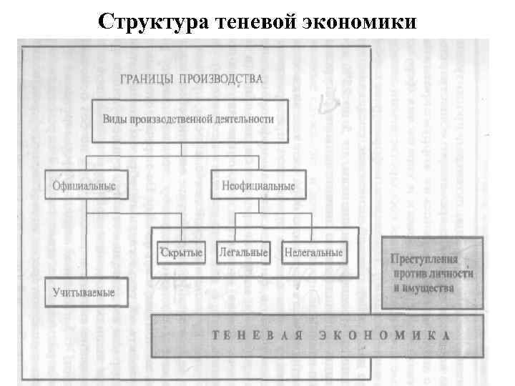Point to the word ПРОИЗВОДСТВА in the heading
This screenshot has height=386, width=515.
tap(225, 78)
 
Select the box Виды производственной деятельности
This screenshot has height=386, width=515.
tap(188, 120)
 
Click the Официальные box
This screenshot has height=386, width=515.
tap(84, 185)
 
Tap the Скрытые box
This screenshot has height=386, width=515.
tap(181, 252)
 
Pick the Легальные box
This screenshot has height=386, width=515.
tap(243, 252)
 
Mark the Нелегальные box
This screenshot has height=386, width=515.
tap(313, 252)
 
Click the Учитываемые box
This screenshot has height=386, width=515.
tap(84, 292)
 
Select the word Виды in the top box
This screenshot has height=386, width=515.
tap(114, 119)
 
